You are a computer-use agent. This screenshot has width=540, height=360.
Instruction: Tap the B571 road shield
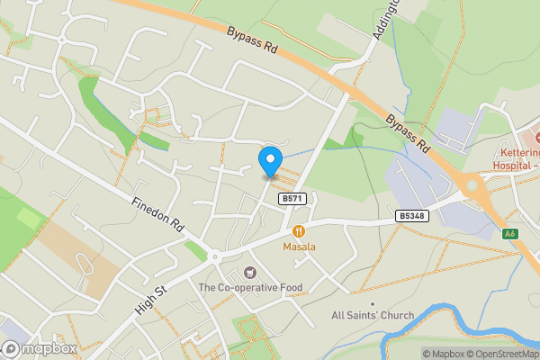coord(290,199)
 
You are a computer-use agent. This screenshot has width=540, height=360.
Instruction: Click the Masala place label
coord(298,247)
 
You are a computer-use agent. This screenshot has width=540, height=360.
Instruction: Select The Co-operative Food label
coord(250,288)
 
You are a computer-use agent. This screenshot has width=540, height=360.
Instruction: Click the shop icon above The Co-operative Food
coord(250,273)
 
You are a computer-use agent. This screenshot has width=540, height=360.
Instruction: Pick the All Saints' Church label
coord(373,316)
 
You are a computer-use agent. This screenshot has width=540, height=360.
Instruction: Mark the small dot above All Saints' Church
coord(373,303)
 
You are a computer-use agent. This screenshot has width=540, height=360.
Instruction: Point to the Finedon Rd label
coord(157,215)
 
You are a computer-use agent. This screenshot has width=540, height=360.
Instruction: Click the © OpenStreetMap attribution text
coord(503,354)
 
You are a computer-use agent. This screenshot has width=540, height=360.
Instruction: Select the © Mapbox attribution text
coord(444,354)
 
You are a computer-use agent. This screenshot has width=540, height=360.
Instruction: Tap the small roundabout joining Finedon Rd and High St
coord(214,256)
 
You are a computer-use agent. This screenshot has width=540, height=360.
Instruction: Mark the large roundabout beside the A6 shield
coord(473,186)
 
